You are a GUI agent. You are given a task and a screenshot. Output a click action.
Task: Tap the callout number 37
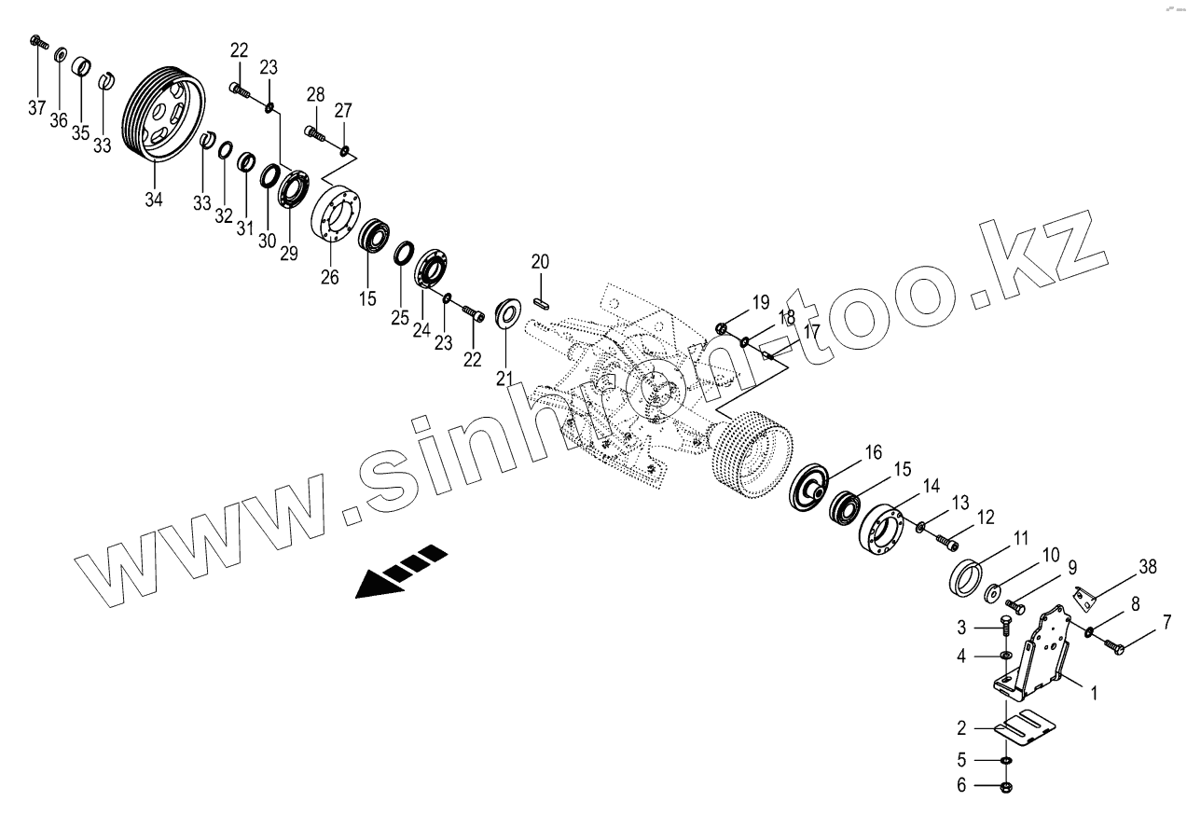click(36, 108)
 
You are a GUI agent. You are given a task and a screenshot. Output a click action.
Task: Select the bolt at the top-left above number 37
click(36, 41)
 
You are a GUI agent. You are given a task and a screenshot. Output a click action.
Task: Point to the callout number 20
click(541, 262)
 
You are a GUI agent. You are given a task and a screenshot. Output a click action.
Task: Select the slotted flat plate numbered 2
click(1029, 728)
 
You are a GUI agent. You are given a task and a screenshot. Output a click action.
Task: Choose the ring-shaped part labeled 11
click(966, 579)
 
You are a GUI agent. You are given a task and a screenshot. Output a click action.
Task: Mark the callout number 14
click(932, 486)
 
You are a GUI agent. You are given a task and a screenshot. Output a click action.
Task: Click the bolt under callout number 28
click(315, 134)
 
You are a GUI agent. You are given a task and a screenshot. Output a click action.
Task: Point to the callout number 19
click(761, 301)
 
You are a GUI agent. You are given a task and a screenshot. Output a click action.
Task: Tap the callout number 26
click(330, 277)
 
